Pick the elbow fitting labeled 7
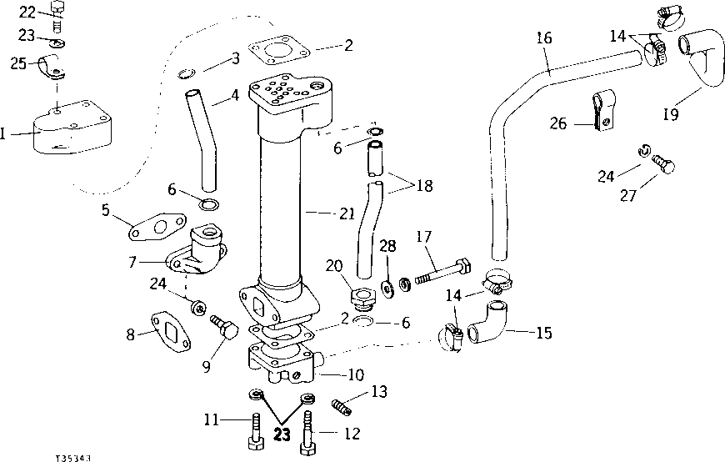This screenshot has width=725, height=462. click(x=196, y=254)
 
